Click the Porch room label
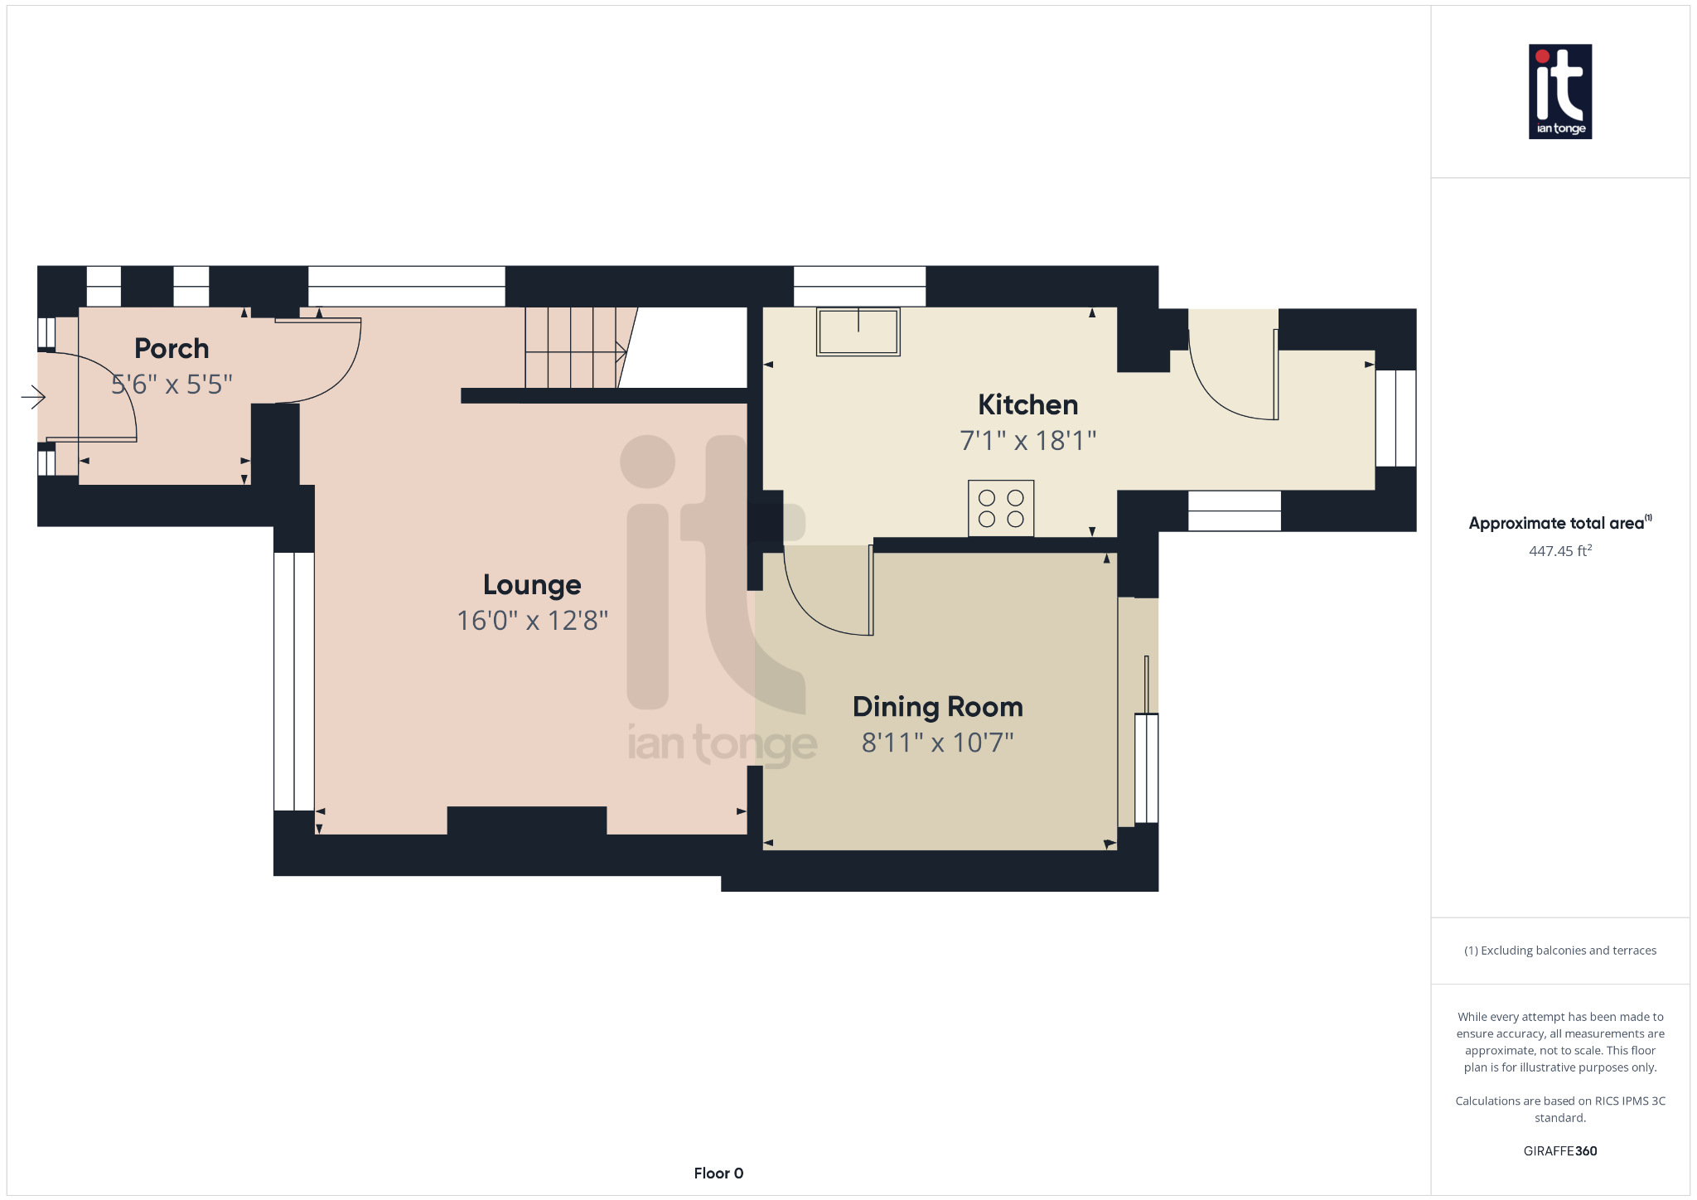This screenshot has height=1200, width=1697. click(172, 348)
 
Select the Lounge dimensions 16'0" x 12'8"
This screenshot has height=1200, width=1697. click(532, 621)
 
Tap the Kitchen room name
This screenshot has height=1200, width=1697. click(1027, 404)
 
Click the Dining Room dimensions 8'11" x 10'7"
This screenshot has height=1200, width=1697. click(937, 743)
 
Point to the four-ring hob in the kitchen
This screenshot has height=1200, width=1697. click(1001, 508)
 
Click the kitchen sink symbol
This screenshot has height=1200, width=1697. click(858, 331)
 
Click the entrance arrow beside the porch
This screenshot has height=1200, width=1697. click(33, 397)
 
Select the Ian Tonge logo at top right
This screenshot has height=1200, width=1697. click(1559, 91)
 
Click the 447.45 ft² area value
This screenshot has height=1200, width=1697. click(1559, 551)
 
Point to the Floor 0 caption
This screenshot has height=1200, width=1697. click(718, 1173)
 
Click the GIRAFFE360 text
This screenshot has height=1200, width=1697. click(1559, 1151)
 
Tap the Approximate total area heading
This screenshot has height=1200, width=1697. click(1558, 523)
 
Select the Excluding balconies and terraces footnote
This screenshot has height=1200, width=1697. click(1559, 951)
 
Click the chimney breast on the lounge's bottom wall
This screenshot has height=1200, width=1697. click(527, 820)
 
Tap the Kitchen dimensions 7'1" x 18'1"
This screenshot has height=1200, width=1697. click(1027, 441)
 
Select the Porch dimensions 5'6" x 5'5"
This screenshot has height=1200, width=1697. click(172, 385)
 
